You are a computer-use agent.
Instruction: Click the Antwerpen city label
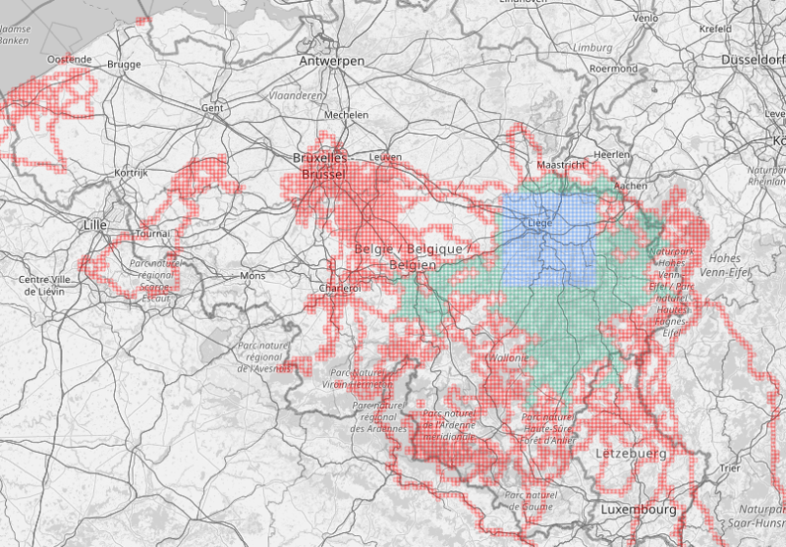[x=331, y=61]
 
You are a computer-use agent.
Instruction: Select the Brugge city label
[x=125, y=65]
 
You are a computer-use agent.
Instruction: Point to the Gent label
[x=212, y=107]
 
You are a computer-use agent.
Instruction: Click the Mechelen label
[x=346, y=115]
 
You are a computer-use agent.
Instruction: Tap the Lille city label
[x=95, y=225]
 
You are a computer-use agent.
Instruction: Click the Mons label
[x=253, y=277]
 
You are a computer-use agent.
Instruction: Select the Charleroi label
[x=340, y=288]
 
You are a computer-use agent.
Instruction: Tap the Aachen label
[x=631, y=185]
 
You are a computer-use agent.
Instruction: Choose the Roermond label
[x=614, y=69]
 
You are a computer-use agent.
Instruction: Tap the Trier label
[x=729, y=467]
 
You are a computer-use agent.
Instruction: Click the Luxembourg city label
[x=638, y=511]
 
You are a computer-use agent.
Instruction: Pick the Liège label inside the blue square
[x=539, y=223]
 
